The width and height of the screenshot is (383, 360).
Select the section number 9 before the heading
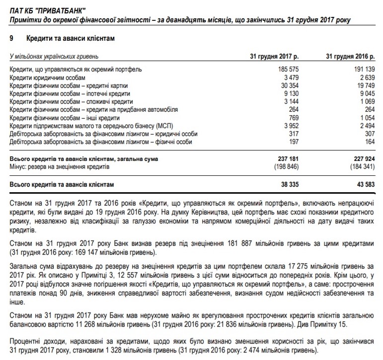click(x=11, y=38)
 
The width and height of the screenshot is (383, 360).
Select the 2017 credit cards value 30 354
click(x=289, y=85)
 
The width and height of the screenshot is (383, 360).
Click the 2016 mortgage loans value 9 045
click(x=365, y=93)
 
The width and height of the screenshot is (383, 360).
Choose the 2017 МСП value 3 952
click(x=290, y=126)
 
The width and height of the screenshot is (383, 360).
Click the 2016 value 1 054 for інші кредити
click(x=365, y=118)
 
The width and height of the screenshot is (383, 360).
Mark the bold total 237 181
click(x=287, y=159)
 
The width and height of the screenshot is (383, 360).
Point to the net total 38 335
click(x=289, y=185)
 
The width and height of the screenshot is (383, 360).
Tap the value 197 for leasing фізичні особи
click(x=294, y=142)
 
